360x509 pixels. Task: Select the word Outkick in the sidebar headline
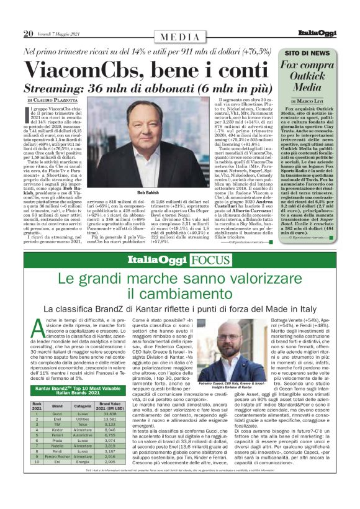[x=315, y=76]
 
